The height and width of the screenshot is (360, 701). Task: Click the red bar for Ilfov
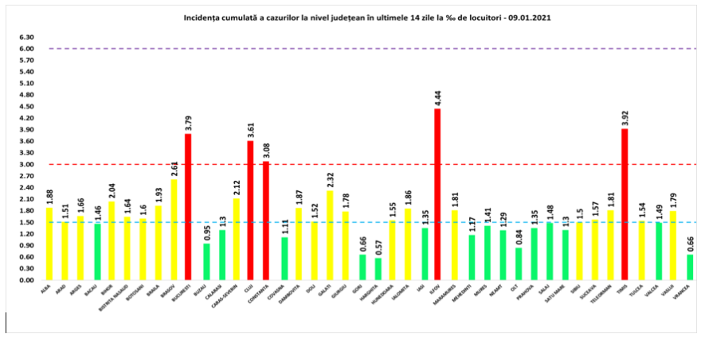click(x=437, y=194)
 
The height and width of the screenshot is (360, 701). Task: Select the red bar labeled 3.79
click(x=188, y=207)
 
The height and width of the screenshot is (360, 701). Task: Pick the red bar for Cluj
click(x=250, y=210)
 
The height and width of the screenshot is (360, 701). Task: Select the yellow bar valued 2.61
click(x=173, y=229)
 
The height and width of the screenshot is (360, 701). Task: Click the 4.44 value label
click(x=437, y=98)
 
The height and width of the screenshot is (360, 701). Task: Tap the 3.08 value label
click(x=266, y=151)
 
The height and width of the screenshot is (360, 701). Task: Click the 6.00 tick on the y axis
click(x=27, y=49)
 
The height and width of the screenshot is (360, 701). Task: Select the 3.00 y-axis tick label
click(x=27, y=165)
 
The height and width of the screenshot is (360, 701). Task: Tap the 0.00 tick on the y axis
click(x=27, y=280)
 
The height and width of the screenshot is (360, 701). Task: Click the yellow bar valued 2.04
click(x=111, y=241)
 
